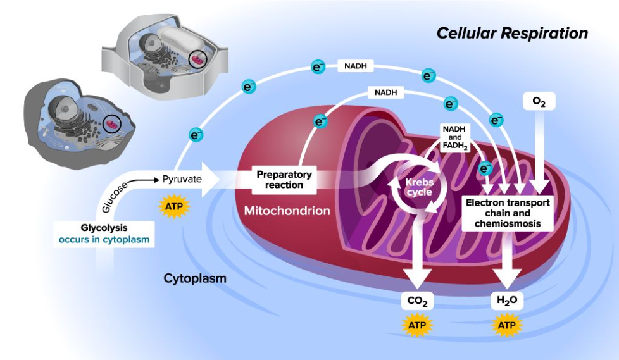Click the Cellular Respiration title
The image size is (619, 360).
click(x=512, y=33)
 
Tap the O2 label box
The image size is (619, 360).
click(x=539, y=101)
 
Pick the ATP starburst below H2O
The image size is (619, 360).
click(x=508, y=326)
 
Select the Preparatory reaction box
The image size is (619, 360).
click(x=284, y=180)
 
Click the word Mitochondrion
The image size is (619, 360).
click(x=287, y=211)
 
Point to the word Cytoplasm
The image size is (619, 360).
click(x=195, y=278)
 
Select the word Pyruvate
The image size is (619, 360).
click(x=182, y=179)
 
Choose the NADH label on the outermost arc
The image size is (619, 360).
click(x=356, y=65)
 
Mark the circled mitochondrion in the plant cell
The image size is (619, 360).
click(x=199, y=61)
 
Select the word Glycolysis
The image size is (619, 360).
click(x=104, y=228)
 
